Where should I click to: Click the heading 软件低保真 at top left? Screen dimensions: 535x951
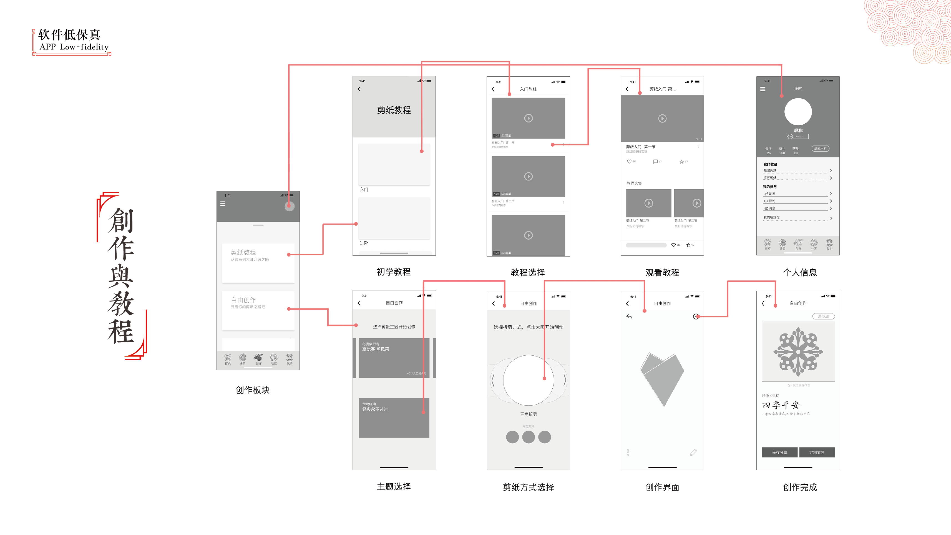coord(69,35)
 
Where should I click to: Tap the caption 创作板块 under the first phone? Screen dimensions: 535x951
coord(253,390)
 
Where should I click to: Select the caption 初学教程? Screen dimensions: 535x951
coord(394,272)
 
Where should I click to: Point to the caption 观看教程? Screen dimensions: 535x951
coord(662,272)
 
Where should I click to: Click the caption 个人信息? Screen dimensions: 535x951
coord(800,272)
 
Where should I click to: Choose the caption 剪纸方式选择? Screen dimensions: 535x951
coord(528,487)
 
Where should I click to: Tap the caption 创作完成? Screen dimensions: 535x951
coord(800,487)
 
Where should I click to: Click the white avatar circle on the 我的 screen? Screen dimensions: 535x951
coord(798,112)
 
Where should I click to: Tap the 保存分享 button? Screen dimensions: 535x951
coord(779,452)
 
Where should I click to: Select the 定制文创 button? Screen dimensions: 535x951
coord(817,452)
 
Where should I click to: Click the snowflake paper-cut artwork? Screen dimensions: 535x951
coord(798,351)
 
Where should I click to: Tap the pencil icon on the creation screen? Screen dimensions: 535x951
coord(693,452)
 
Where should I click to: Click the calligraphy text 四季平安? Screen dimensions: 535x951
coord(781,405)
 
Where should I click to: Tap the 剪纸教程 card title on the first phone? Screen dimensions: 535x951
coord(243,252)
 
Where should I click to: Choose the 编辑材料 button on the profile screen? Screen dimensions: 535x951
coord(820,149)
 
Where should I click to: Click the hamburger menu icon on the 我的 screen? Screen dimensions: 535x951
coord(763,89)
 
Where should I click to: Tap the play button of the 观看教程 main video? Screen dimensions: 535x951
coord(662,119)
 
